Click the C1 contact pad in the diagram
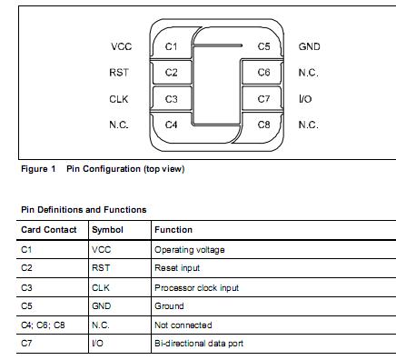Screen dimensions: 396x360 (172, 46)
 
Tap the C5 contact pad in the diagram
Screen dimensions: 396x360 (263, 46)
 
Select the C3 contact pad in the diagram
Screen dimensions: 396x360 (172, 98)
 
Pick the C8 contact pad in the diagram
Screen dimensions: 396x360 (263, 124)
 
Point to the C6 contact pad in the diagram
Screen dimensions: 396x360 (263, 72)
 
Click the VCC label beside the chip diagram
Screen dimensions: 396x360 (121, 46)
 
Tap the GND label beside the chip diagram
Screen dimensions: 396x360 (309, 46)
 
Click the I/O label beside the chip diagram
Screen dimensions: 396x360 (305, 98)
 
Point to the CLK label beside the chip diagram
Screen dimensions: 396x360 (120, 98)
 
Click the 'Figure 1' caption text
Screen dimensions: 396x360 (38, 169)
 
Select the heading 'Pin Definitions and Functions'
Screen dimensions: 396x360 (84, 210)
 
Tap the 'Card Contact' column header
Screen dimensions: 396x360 (49, 230)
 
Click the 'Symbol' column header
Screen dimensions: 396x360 (107, 230)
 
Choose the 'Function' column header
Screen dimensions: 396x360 (173, 230)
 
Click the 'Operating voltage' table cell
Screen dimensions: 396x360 (189, 249)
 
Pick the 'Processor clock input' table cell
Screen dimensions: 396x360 (196, 287)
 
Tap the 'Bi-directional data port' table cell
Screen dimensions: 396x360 (199, 343)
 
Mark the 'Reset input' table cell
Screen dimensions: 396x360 (177, 268)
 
